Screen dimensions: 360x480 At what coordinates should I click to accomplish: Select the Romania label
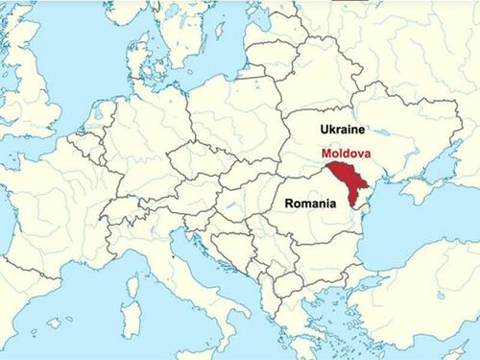click(310, 204)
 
